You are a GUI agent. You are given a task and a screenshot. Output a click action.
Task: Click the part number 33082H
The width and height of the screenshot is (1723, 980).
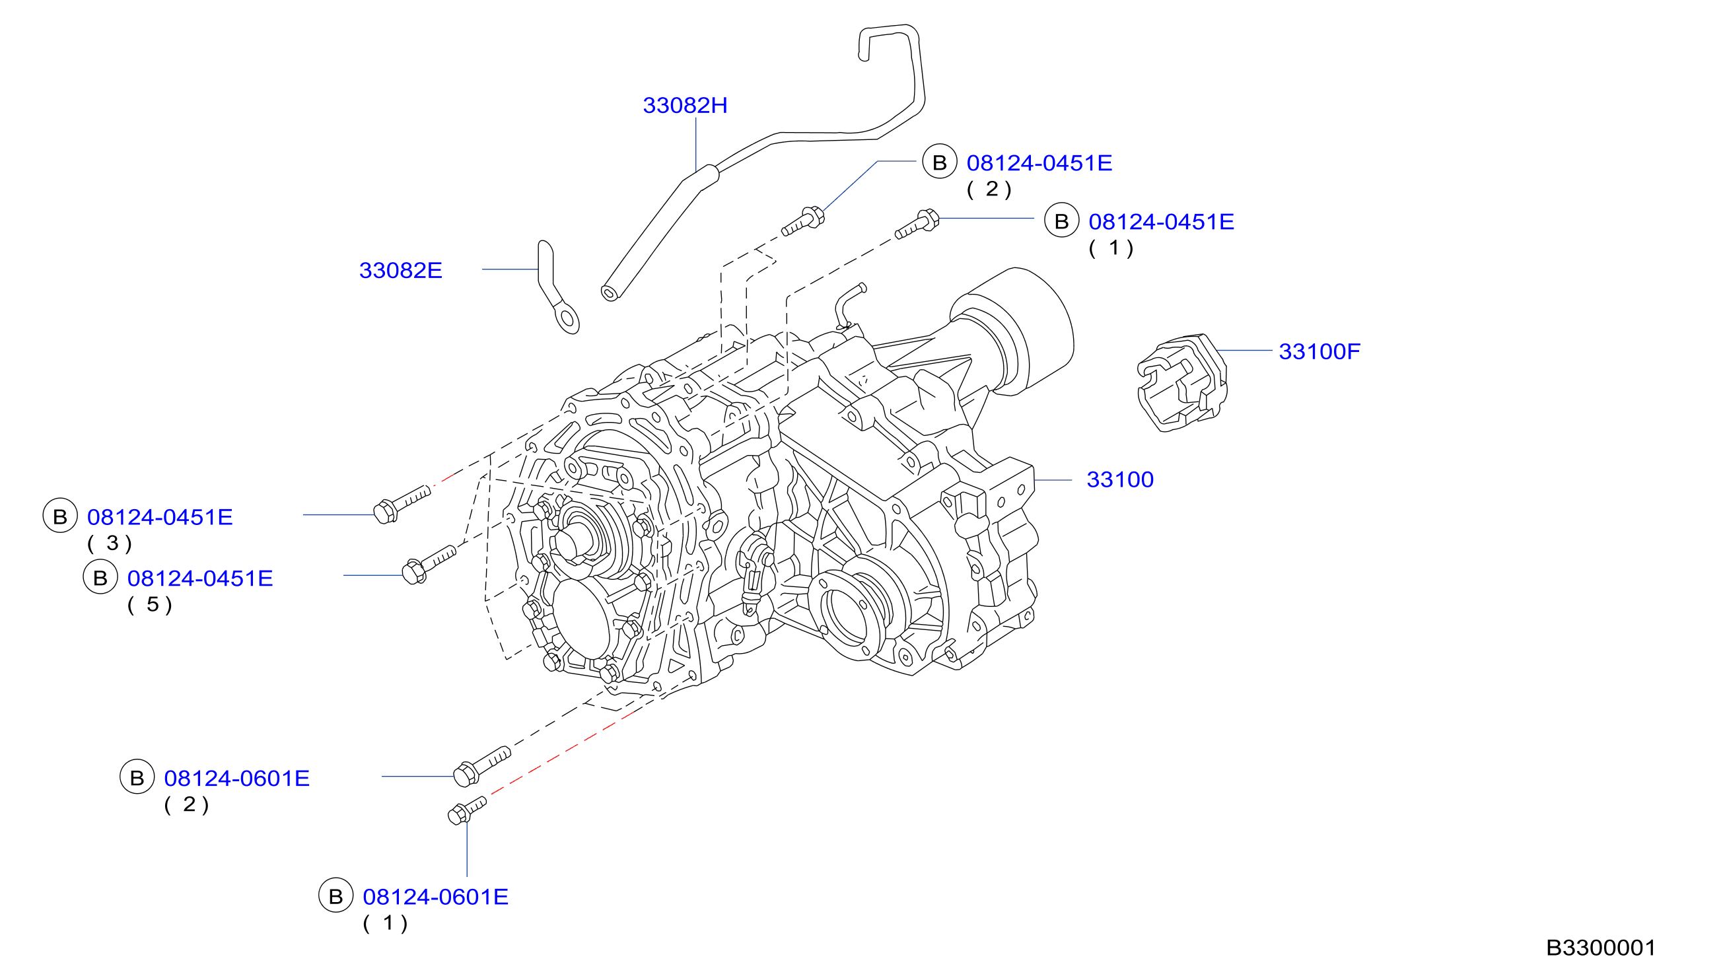click(x=684, y=106)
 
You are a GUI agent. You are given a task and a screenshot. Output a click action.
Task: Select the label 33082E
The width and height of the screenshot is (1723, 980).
click(x=400, y=271)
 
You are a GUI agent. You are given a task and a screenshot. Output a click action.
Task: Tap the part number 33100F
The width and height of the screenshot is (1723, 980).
click(x=1319, y=351)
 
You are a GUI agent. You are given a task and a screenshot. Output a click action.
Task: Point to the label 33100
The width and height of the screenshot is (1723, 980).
click(x=1120, y=480)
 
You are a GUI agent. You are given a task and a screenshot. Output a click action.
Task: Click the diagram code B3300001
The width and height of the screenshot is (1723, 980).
click(x=1601, y=948)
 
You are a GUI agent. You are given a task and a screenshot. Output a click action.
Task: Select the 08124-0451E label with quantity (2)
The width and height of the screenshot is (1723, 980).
click(x=1039, y=163)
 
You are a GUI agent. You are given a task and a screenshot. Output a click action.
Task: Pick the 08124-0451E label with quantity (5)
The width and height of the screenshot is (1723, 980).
click(x=200, y=578)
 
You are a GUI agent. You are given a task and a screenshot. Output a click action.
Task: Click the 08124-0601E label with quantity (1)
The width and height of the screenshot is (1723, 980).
click(x=435, y=897)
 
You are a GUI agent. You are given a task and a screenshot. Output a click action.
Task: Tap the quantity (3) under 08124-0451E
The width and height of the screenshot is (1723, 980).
click(x=110, y=543)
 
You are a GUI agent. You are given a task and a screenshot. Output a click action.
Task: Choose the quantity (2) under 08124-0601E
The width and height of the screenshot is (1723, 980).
click(x=186, y=804)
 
